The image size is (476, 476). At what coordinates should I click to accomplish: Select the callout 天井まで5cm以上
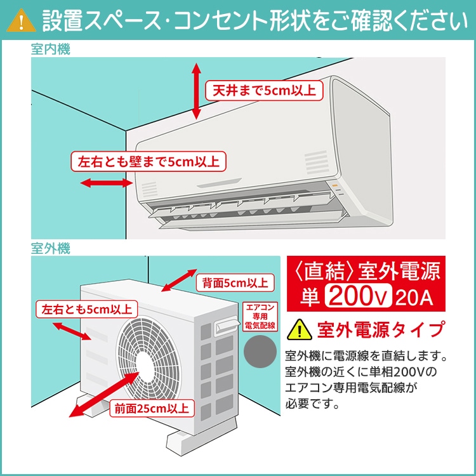(x=263, y=90)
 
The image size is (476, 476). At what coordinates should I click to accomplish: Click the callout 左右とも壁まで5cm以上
(x=148, y=162)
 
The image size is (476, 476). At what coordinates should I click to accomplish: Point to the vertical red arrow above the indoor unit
(x=196, y=91)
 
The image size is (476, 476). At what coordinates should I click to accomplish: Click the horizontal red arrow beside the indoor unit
(x=104, y=183)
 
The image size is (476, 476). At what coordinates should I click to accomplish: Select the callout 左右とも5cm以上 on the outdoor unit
(x=86, y=310)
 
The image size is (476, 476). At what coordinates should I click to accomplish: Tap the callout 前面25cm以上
(x=151, y=407)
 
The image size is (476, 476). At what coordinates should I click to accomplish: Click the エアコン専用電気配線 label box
(x=260, y=315)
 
